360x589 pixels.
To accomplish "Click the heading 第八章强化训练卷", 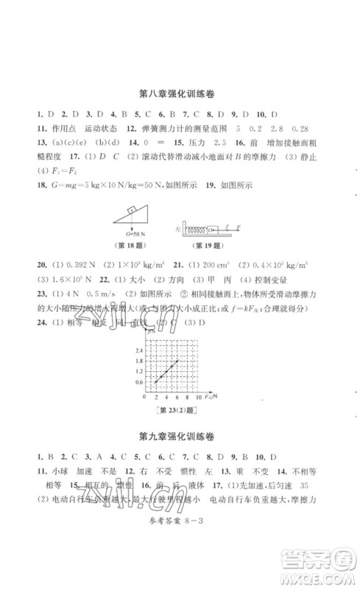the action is (x=180, y=94).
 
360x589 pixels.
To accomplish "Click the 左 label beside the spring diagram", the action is (x=178, y=228).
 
